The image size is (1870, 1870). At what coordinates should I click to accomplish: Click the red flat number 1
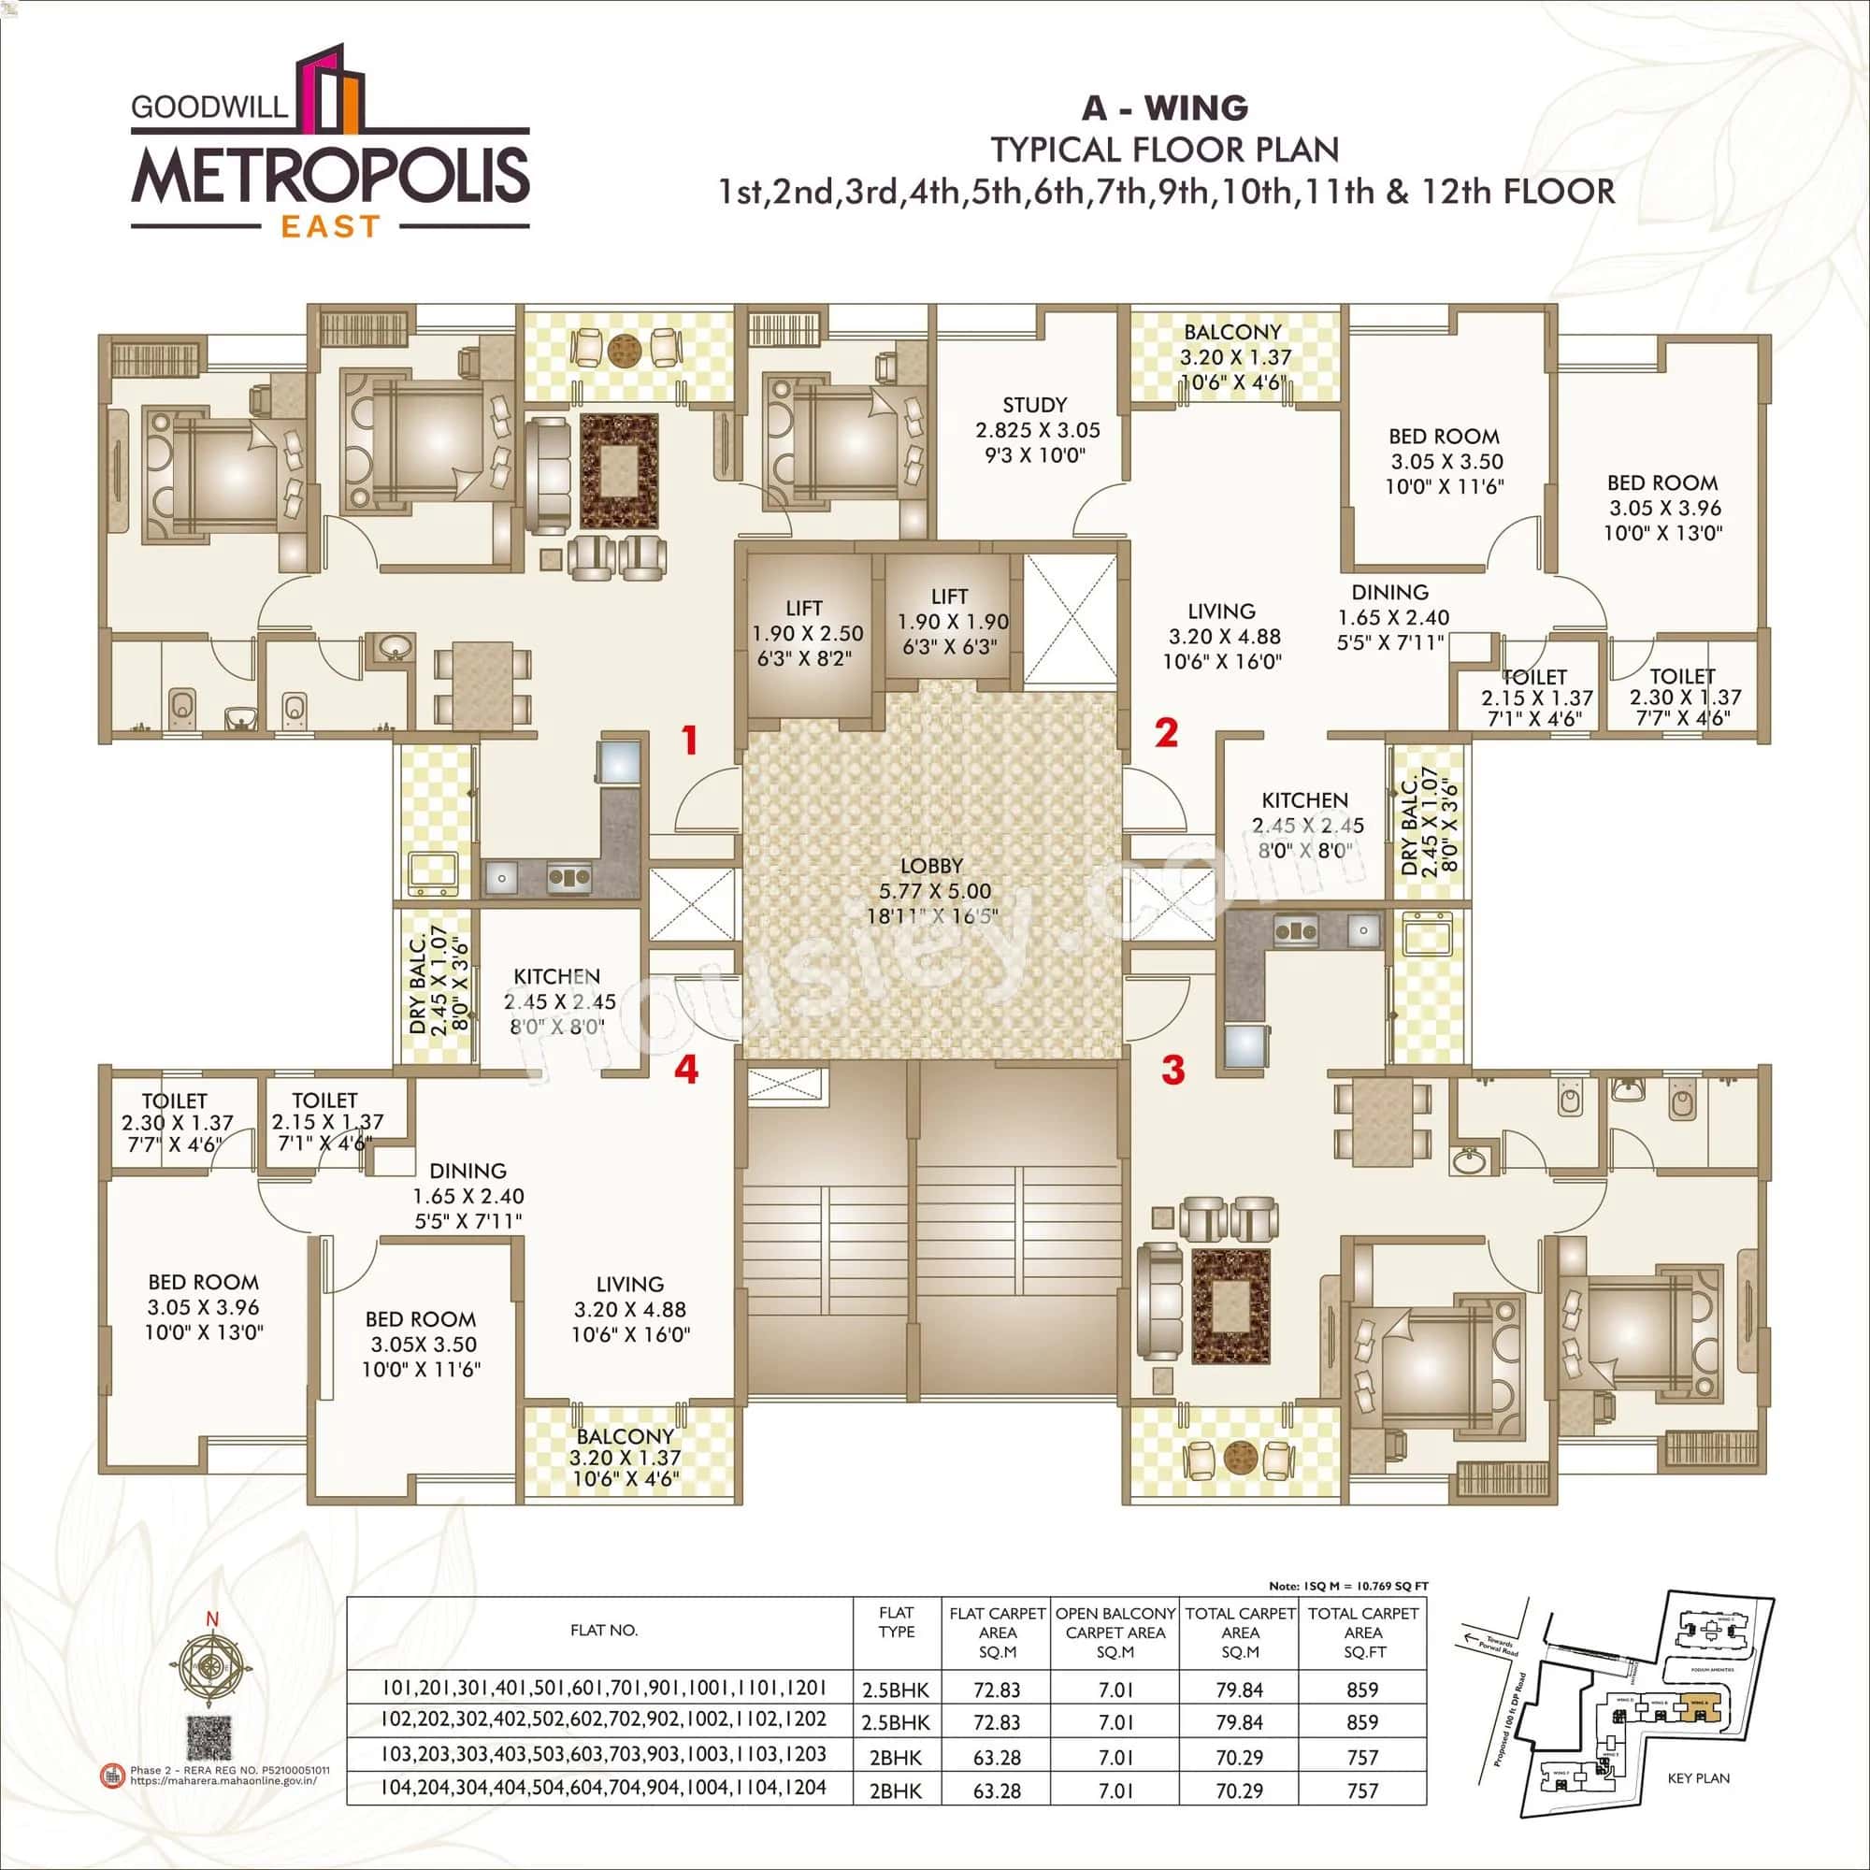point(689,741)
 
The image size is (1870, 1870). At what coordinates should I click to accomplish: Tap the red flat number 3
point(1173,1072)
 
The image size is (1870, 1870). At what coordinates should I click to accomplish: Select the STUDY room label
point(1035,405)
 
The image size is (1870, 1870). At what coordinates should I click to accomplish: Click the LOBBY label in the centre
point(931,865)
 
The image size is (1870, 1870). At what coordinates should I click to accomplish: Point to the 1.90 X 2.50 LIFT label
point(803,608)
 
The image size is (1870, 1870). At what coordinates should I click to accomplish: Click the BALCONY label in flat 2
point(1232,332)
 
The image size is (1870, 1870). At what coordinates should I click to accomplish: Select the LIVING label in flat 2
point(1221,611)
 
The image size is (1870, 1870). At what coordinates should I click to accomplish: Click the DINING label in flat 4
point(467,1171)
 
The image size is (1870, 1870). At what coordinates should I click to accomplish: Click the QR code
point(211,1741)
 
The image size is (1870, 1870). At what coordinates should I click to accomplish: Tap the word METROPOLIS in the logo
point(330,175)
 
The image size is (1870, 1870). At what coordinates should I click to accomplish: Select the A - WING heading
point(1165,108)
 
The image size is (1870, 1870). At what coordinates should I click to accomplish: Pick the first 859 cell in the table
point(1362,1690)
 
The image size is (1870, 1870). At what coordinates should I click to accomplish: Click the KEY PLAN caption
point(1699,1805)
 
